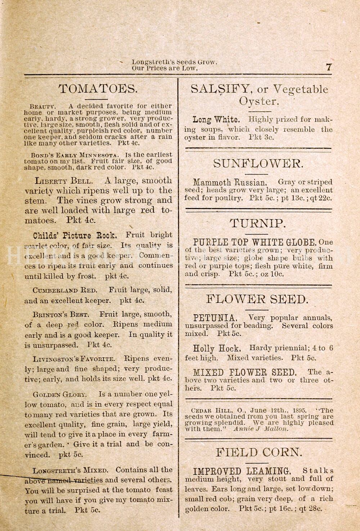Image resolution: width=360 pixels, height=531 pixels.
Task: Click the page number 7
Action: tap(328, 67)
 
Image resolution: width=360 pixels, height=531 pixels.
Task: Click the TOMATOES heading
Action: tap(98, 89)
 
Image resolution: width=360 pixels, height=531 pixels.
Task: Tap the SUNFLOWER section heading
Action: tap(258, 164)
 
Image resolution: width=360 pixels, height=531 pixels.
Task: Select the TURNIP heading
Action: tap(258, 223)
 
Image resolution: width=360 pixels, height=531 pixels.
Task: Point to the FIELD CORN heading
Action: tap(259, 452)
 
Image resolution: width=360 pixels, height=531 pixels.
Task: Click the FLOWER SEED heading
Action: tap(258, 299)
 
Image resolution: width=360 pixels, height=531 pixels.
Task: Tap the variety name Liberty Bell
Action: tap(63, 181)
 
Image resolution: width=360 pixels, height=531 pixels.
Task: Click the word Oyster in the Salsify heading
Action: tap(259, 101)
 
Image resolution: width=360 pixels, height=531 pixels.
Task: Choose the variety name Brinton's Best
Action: tap(60, 314)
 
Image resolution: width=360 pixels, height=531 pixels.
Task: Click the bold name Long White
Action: tap(216, 119)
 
